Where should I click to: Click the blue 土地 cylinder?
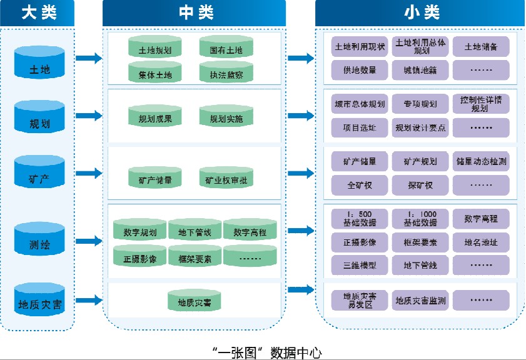click(39, 62)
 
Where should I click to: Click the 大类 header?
click(38, 12)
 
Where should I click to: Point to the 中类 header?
click(194, 12)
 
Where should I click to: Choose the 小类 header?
click(420, 12)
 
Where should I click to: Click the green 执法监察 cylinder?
click(226, 73)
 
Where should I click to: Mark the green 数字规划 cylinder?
click(139, 231)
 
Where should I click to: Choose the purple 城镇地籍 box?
click(420, 71)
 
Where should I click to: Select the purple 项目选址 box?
click(360, 127)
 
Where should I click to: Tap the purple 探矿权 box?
click(420, 185)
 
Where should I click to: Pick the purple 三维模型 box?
click(360, 265)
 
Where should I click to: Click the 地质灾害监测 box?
click(420, 301)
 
